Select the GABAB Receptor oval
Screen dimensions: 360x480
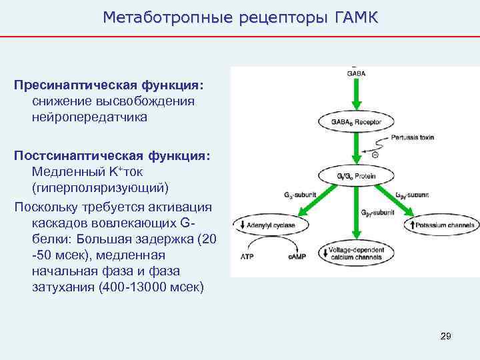(356, 121)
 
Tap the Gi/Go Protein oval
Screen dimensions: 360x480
(356, 176)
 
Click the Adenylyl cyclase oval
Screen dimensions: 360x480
(273, 225)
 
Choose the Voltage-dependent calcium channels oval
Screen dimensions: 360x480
(356, 253)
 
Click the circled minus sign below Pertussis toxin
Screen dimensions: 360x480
(375, 154)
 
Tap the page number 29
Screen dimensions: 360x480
(445, 336)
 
